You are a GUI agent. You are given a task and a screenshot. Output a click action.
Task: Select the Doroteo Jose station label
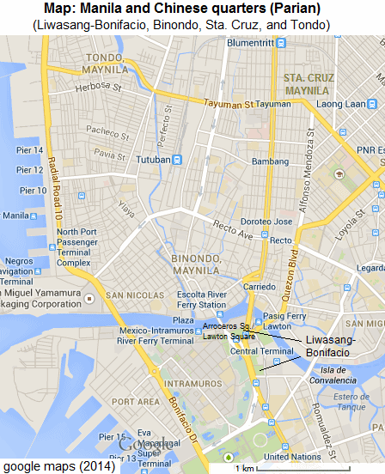(254, 221)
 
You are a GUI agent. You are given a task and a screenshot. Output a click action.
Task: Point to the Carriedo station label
(258, 286)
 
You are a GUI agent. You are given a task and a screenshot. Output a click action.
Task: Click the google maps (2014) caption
(52, 466)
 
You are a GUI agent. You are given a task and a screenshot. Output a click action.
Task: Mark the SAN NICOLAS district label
(133, 296)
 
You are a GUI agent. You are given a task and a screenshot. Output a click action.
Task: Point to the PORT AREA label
(136, 401)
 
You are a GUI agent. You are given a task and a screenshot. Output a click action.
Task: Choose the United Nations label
(291, 457)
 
